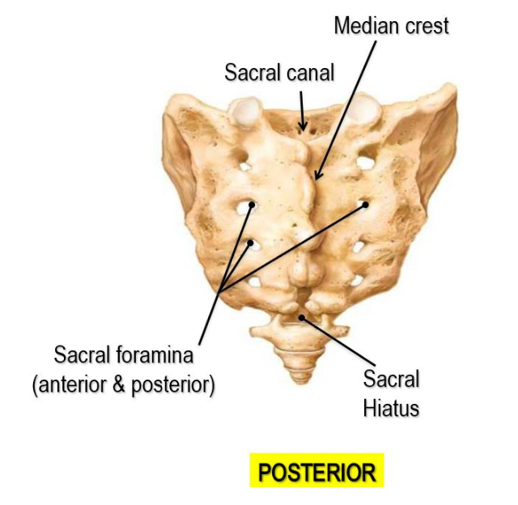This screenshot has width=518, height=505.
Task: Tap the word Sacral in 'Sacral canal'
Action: coord(251,73)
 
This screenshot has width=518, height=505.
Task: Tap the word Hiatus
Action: coord(391,408)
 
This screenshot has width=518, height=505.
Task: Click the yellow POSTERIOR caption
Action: coord(316,472)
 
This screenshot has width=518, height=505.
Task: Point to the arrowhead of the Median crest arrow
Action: coord(318,176)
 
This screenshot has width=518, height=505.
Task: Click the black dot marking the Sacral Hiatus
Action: coord(303,318)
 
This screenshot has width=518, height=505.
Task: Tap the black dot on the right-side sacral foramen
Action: coord(365,205)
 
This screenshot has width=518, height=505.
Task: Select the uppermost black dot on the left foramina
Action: coord(252,206)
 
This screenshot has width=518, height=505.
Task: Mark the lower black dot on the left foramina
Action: coord(251,242)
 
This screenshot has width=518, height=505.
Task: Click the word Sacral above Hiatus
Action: coord(391,379)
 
